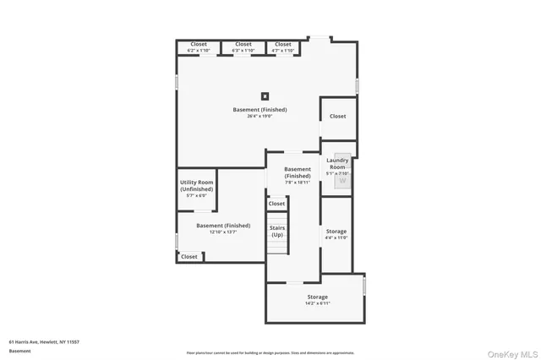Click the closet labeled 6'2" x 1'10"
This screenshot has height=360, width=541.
(x=199, y=47)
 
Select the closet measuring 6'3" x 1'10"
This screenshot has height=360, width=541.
(x=243, y=47)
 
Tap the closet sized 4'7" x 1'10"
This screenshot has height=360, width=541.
(x=283, y=47)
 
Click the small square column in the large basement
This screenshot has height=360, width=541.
(x=265, y=95)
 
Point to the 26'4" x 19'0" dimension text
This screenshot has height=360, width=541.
(x=260, y=117)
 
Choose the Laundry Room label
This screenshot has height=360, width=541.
(x=337, y=163)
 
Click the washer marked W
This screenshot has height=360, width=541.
(x=342, y=180)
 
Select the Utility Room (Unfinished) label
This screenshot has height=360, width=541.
(x=196, y=186)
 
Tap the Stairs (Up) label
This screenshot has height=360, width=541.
(x=277, y=231)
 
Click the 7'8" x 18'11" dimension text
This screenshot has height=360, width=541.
(x=298, y=182)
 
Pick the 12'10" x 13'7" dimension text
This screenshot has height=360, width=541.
(x=223, y=232)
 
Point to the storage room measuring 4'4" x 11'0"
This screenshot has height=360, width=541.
(x=336, y=234)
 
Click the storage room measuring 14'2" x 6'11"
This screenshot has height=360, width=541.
(x=318, y=300)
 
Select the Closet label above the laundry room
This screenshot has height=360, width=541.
(x=337, y=116)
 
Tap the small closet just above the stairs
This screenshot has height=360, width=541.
(x=277, y=204)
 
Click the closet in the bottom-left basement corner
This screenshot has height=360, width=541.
(x=189, y=256)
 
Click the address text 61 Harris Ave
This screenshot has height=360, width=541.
(x=44, y=341)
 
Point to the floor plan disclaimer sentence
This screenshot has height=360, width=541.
(x=270, y=352)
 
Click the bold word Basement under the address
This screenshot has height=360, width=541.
(x=19, y=350)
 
